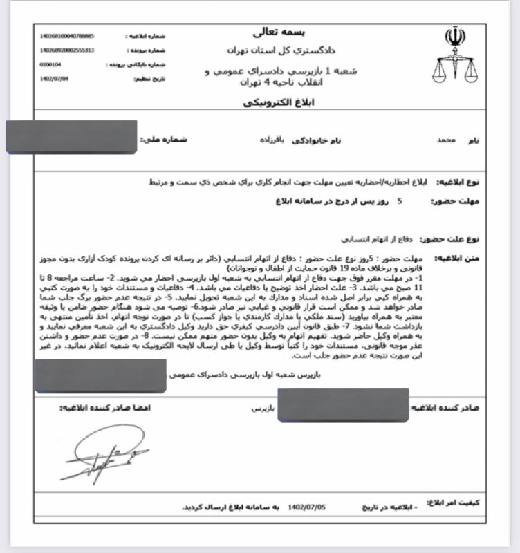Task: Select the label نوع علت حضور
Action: [456, 238]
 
